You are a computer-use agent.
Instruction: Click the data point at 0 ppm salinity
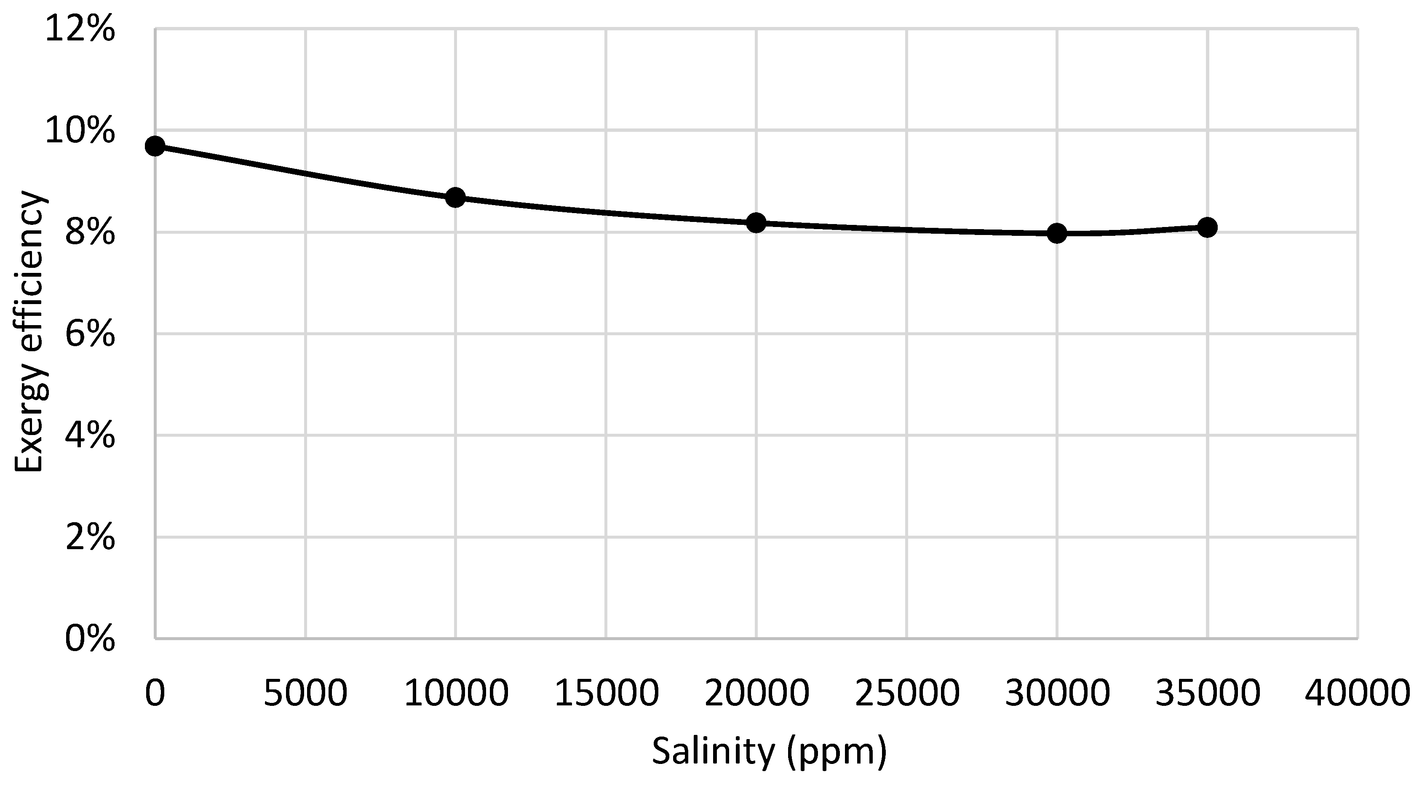[x=155, y=146]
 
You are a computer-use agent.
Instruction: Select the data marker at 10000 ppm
[x=455, y=197]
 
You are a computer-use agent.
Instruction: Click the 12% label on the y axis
[x=80, y=29]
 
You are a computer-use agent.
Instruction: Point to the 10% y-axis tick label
[x=80, y=131]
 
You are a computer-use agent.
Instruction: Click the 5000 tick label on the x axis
[x=305, y=693]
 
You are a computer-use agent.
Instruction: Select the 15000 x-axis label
[x=606, y=693]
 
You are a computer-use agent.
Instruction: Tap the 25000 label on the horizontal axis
[x=907, y=693]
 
